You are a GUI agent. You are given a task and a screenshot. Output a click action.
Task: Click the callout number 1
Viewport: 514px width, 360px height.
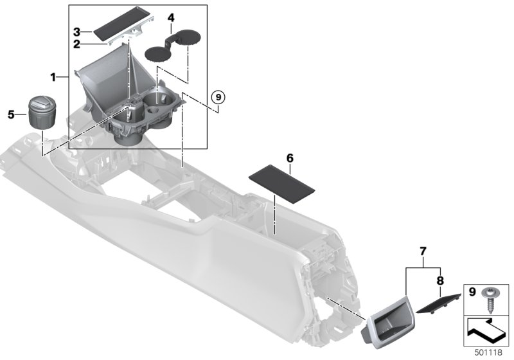tap(54, 77)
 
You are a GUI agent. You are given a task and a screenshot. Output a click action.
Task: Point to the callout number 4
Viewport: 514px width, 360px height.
tap(170, 17)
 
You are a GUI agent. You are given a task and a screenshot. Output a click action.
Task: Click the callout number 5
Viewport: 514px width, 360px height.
tap(11, 114)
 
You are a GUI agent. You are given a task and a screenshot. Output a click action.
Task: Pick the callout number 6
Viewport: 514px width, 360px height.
tap(290, 157)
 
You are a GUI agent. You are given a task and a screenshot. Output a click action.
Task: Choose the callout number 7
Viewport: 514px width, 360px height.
tap(422, 249)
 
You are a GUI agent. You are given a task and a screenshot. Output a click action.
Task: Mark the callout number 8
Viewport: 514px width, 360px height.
tap(439, 280)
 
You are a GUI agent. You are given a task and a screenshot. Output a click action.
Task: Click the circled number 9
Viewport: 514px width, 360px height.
tap(218, 97)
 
